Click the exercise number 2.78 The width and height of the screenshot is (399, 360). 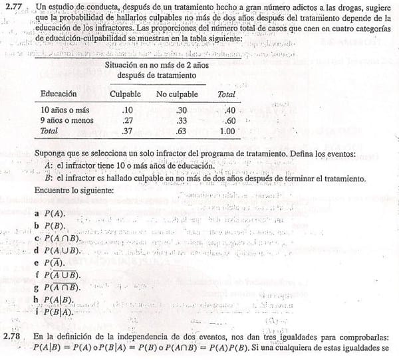point(14,337)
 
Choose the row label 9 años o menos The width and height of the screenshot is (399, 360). point(67,121)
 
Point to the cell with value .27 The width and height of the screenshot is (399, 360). point(128,121)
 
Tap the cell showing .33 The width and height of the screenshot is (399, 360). point(180,121)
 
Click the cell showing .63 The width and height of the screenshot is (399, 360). point(180,132)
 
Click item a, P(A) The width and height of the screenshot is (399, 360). point(51,215)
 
